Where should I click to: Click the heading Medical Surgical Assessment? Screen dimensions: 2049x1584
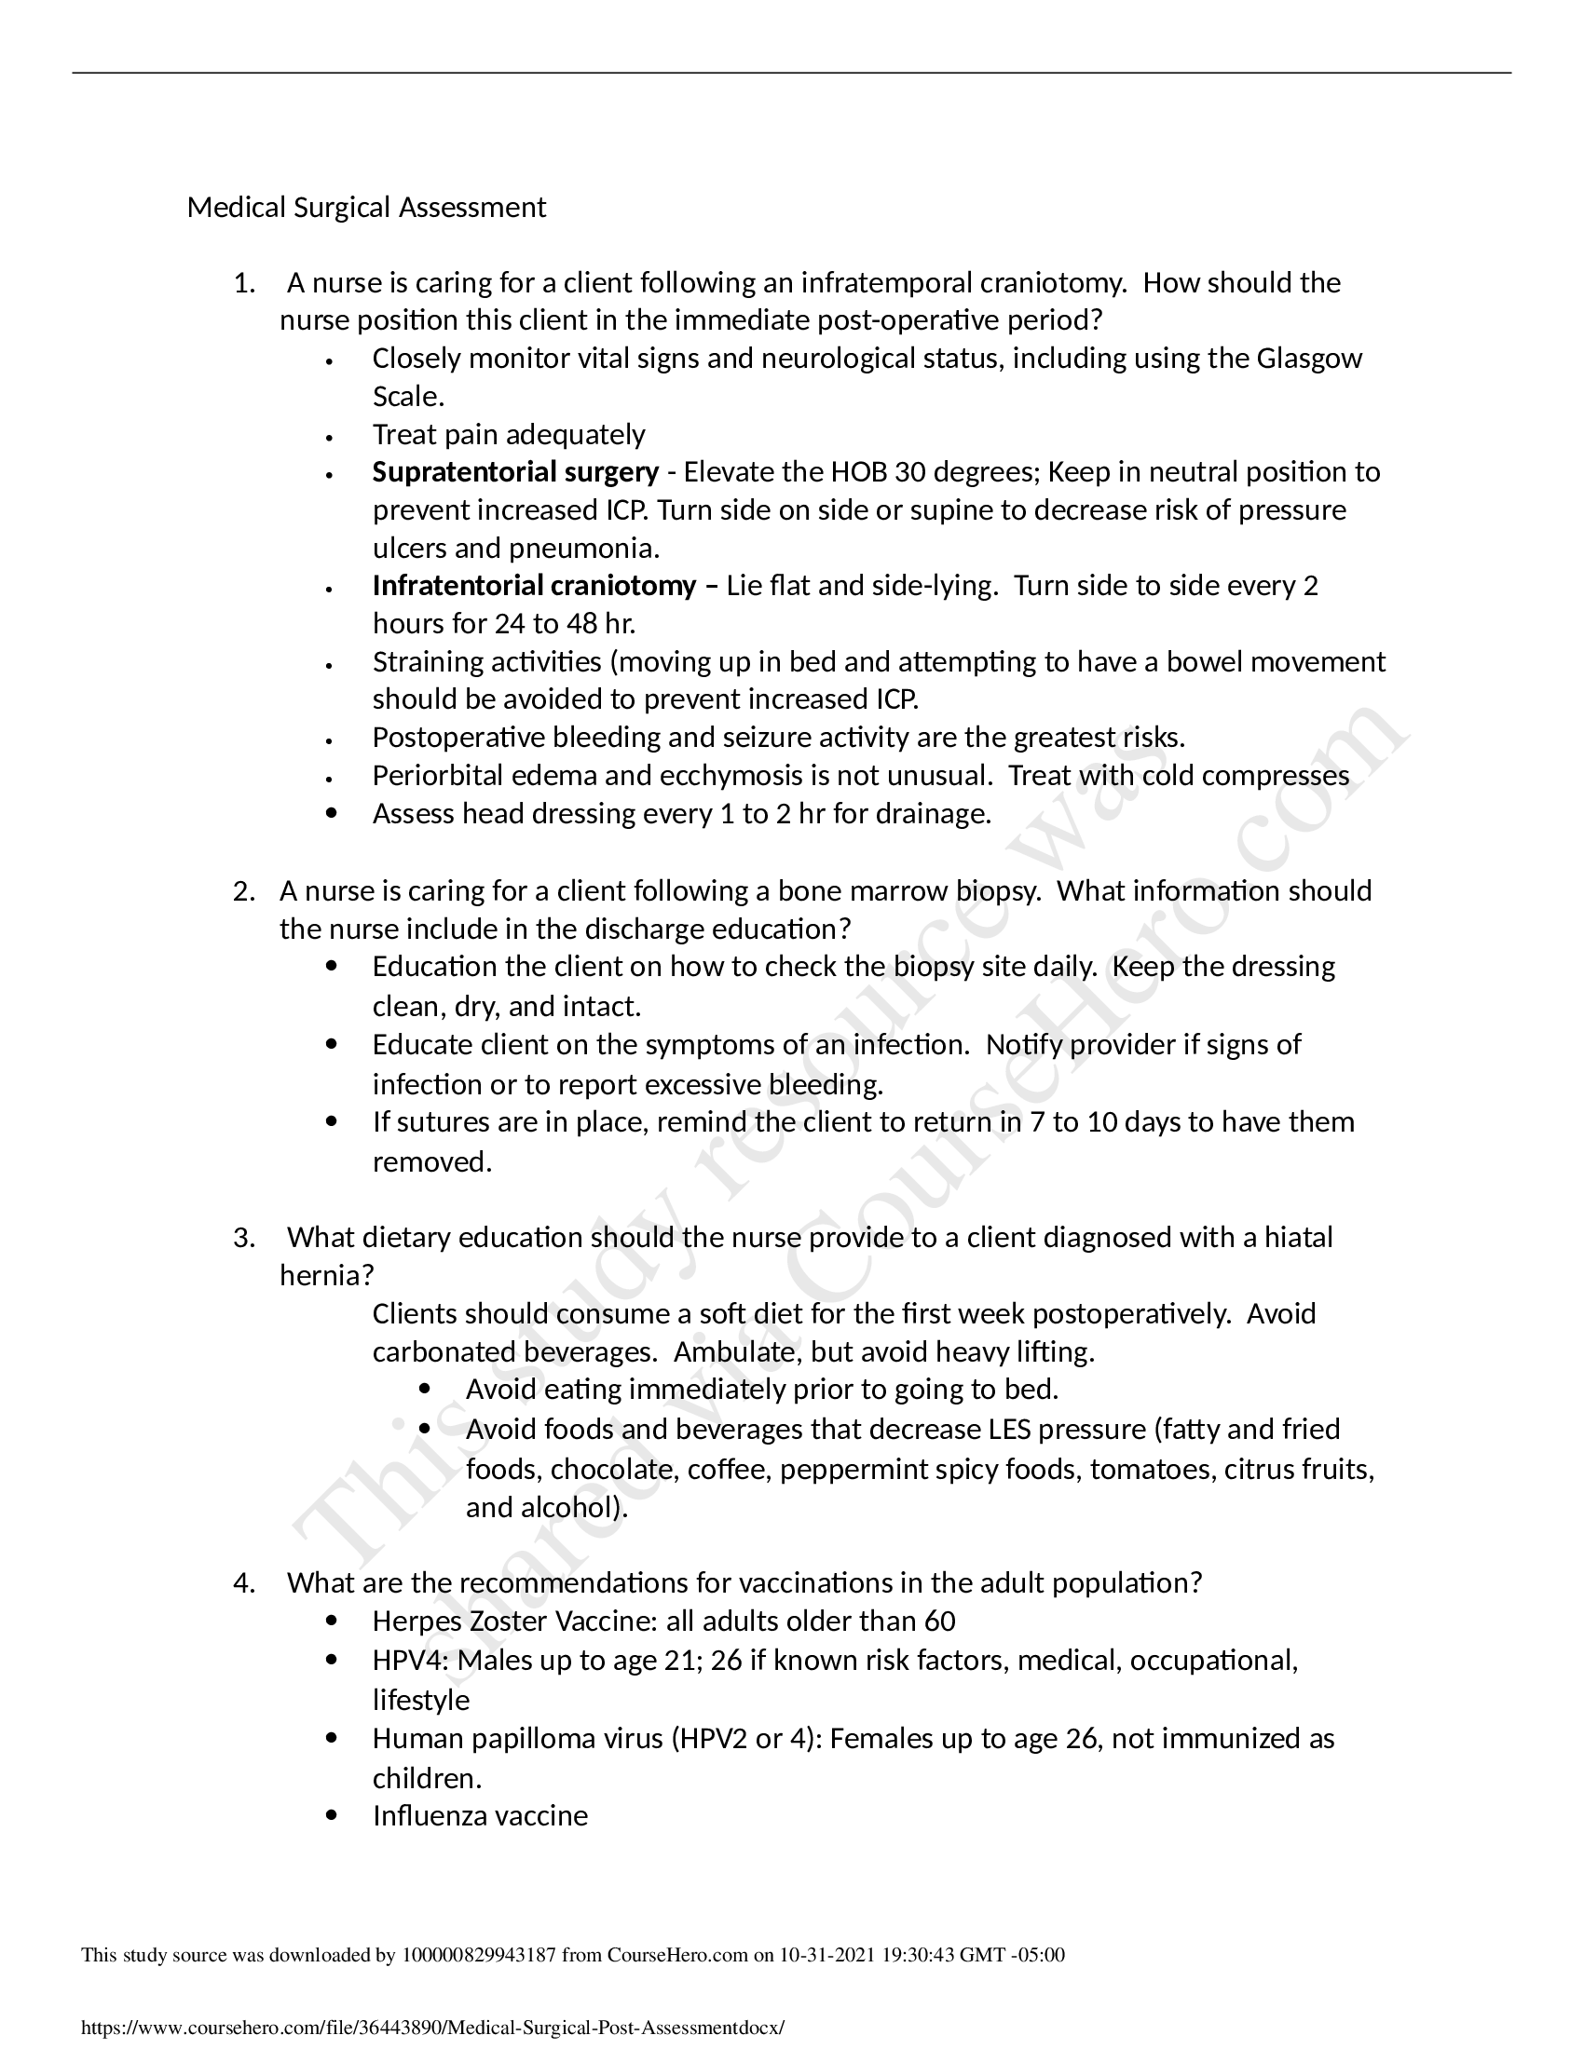point(366,208)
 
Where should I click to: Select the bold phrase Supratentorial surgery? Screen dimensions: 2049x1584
point(515,472)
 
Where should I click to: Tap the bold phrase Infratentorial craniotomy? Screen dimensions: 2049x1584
point(534,586)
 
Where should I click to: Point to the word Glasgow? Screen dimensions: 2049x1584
point(1309,359)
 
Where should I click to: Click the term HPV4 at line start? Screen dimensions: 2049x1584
point(409,1661)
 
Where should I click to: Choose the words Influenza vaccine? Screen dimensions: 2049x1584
point(480,1815)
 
